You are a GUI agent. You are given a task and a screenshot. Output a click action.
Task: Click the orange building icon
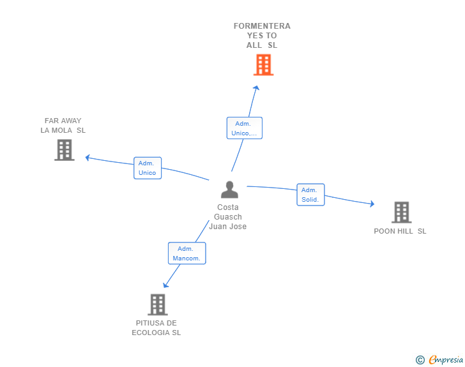pyautogui.click(x=263, y=64)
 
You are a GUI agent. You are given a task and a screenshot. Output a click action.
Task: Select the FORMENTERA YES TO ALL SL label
pyautogui.click(x=262, y=36)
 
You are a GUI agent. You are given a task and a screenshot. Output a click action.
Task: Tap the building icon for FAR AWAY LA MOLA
pyautogui.click(x=65, y=150)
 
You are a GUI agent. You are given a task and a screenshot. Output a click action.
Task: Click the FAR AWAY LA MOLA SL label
pyautogui.click(x=63, y=125)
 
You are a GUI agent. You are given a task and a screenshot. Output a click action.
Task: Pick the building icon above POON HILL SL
pyautogui.click(x=402, y=213)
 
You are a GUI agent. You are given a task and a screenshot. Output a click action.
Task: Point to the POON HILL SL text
pyautogui.click(x=400, y=231)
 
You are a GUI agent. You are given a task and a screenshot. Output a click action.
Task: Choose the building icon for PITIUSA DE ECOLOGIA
pyautogui.click(x=158, y=304)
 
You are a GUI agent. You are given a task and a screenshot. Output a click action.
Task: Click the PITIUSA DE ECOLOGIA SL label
pyautogui.click(x=156, y=327)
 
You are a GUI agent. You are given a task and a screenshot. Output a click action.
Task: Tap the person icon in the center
pyautogui.click(x=229, y=190)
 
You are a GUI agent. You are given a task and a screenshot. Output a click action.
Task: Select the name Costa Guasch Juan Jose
pyautogui.click(x=228, y=217)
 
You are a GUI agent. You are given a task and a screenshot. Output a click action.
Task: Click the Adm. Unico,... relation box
pyautogui.click(x=245, y=128)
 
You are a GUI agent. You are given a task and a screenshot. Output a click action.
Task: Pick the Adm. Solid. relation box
pyautogui.click(x=310, y=195)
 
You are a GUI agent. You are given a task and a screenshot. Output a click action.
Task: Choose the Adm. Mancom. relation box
pyautogui.click(x=187, y=253)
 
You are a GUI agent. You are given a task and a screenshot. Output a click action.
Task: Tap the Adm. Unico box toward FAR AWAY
pyautogui.click(x=148, y=168)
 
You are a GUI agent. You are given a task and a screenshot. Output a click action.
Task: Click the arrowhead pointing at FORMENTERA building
pyautogui.click(x=257, y=87)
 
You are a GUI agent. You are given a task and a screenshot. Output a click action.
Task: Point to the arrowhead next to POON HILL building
pyautogui.click(x=372, y=204)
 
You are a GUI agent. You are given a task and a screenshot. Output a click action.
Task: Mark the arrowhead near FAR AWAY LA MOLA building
pyautogui.click(x=88, y=158)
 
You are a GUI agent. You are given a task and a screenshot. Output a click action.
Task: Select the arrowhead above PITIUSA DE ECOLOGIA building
pyautogui.click(x=165, y=285)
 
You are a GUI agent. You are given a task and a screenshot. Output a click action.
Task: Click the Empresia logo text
pyautogui.click(x=446, y=359)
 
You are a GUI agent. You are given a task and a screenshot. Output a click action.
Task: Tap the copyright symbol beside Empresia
pyautogui.click(x=420, y=360)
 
